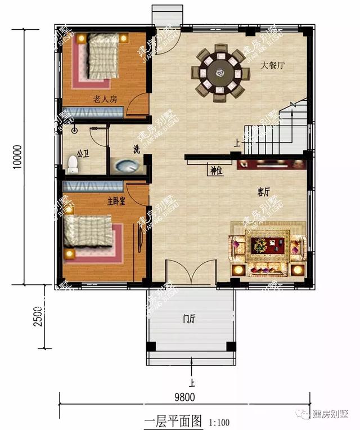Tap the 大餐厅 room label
click(x=273, y=65)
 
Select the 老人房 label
click(x=105, y=99)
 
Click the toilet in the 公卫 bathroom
click(x=72, y=164)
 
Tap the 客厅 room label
click(x=264, y=192)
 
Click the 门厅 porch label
click(x=188, y=319)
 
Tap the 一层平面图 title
click(x=173, y=420)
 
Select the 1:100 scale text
click(x=219, y=422)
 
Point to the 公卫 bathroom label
click(x=83, y=153)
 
